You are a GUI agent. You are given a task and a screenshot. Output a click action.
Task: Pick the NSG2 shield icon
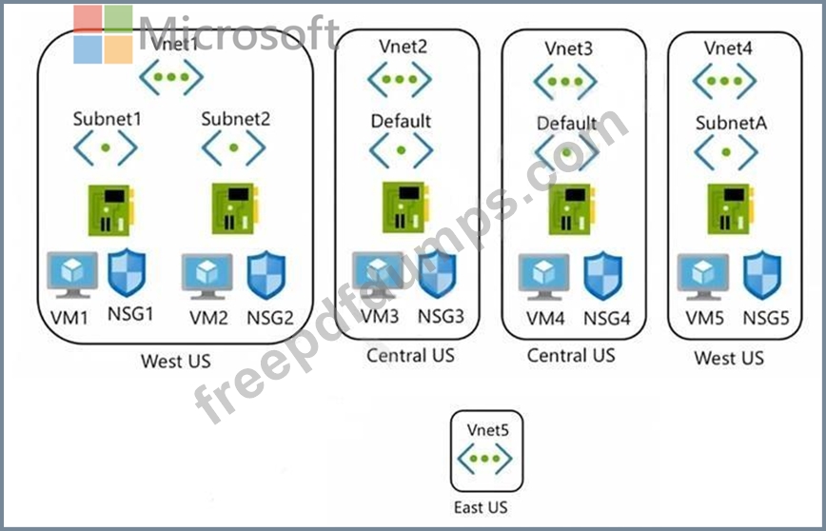[x=267, y=275]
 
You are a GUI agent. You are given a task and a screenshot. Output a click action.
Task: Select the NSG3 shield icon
[x=437, y=275]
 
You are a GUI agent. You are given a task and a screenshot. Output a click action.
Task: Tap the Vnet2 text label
[x=403, y=46]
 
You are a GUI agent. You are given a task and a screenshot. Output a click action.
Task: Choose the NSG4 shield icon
[x=603, y=277]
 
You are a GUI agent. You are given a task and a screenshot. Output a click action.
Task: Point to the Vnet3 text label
[x=569, y=48]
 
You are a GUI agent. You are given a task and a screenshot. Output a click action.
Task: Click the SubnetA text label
[x=731, y=123]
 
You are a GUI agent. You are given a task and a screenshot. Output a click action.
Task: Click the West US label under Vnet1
[x=175, y=362]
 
